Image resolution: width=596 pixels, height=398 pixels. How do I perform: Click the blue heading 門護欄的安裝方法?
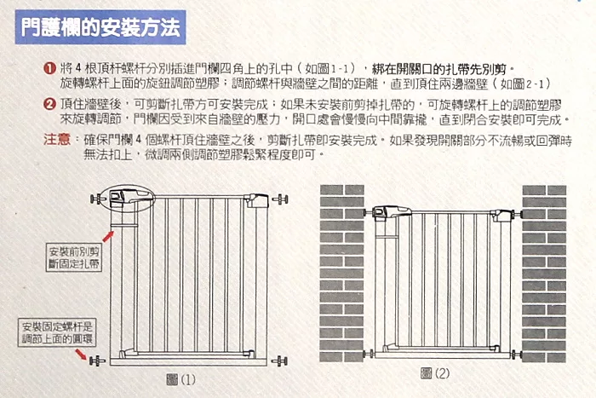point(100,27)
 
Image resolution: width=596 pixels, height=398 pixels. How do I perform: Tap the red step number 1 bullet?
point(49,69)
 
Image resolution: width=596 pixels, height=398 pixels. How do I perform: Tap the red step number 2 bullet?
point(49,104)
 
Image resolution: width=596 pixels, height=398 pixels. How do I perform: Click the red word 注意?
point(57,140)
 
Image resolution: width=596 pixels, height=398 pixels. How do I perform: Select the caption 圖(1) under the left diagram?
point(181,379)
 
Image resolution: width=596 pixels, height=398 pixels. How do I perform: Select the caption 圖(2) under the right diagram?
point(435,373)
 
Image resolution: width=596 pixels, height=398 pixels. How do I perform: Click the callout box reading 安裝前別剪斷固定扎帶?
point(74,257)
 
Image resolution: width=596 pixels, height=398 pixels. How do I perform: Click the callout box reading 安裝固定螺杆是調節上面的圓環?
point(57,332)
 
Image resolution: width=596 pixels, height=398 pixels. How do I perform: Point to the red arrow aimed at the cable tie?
point(108,237)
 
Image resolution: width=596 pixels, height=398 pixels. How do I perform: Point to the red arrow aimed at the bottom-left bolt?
point(81,354)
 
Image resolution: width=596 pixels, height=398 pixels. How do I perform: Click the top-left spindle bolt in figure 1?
point(98,199)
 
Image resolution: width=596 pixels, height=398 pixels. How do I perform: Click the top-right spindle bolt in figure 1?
point(280,199)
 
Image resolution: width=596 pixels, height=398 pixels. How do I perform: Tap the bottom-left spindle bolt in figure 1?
point(97,361)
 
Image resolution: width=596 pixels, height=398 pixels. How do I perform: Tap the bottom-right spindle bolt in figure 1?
point(279,361)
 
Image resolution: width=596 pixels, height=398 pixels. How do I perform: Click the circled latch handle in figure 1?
point(131,198)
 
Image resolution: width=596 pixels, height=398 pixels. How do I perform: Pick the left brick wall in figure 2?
point(341,274)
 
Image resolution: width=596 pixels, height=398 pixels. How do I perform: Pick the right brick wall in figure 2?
point(544,274)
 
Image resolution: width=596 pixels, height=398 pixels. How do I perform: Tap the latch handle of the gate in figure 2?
point(392,212)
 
